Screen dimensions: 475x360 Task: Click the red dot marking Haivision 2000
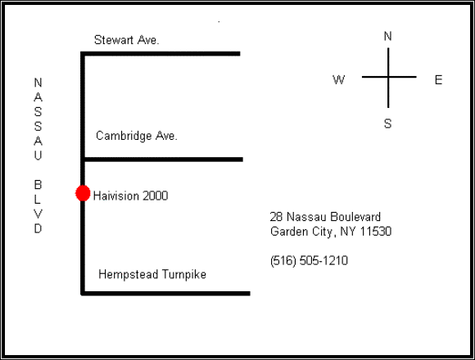(83, 193)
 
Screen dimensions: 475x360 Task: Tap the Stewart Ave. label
(127, 40)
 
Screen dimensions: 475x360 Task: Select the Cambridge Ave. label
(137, 136)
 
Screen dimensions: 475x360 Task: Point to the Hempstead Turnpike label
(152, 274)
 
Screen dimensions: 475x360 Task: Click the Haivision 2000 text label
(130, 196)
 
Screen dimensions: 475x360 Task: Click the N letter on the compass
(387, 36)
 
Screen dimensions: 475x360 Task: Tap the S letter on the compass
(387, 124)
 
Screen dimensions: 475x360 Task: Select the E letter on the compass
(438, 80)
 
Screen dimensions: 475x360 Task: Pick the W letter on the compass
(339, 80)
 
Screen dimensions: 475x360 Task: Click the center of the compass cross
(388, 77)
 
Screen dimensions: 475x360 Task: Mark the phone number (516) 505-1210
(309, 261)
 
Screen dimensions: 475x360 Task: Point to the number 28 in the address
(276, 217)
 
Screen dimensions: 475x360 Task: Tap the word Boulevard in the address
(355, 217)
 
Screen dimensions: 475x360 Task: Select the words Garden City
(301, 232)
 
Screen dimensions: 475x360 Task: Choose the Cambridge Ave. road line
(164, 160)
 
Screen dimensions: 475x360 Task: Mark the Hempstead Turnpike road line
(166, 294)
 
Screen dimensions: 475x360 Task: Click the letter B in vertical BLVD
(38, 185)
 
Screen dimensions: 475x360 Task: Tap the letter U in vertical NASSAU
(38, 155)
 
